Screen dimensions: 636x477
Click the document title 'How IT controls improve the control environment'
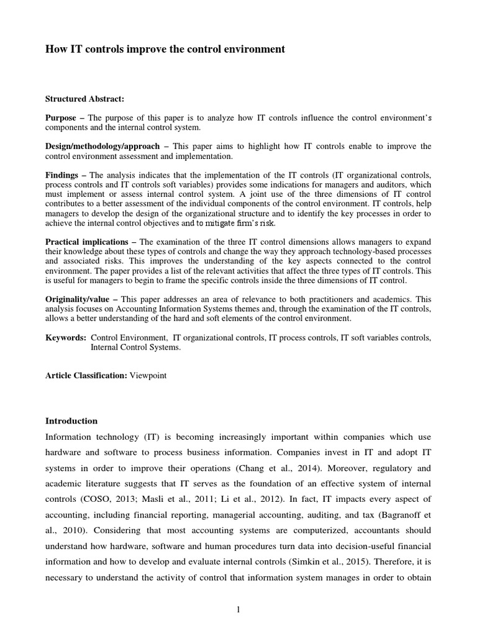[165, 50]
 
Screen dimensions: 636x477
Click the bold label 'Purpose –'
[65, 117]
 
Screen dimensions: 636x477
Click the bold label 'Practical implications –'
[91, 241]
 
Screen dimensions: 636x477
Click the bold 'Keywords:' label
[66, 337]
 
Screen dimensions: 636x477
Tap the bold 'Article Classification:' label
[86, 376]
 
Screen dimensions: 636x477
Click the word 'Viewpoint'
[148, 376]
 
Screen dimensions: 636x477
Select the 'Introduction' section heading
[71, 420]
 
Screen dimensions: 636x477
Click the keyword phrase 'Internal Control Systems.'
[136, 348]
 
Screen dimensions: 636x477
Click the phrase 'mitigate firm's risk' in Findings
[237, 223]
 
